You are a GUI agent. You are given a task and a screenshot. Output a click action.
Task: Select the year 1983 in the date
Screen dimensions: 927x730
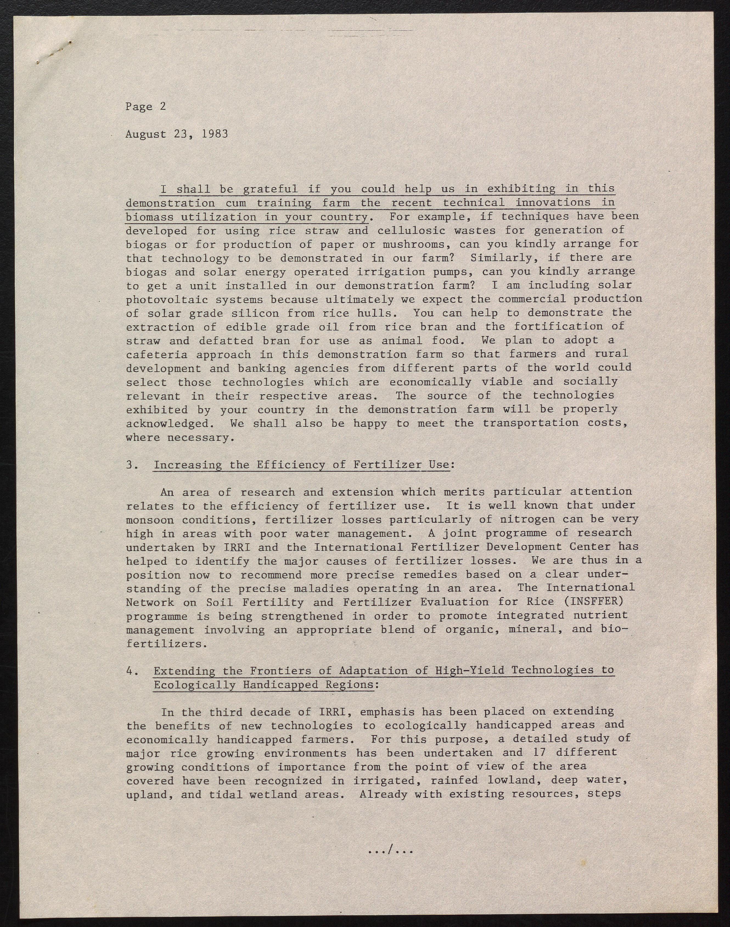[x=215, y=134]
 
